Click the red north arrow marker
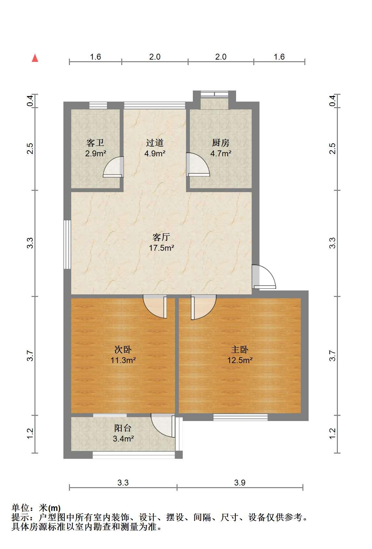[35, 58]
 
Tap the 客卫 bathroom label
[95, 143]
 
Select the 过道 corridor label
[155, 143]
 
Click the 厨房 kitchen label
[221, 143]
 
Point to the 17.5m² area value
[162, 248]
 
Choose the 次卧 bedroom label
[123, 349]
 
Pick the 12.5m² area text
[240, 360]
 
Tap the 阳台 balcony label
[123, 428]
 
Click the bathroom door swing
[113, 167]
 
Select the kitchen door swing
[198, 164]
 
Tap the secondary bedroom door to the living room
[155, 306]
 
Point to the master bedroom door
[204, 307]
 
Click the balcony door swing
[163, 425]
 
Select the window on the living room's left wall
[67, 244]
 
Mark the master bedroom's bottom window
[240, 417]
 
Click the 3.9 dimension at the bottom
[240, 482]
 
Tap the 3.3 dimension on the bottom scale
[123, 482]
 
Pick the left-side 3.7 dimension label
[30, 356]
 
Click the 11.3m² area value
[123, 360]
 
